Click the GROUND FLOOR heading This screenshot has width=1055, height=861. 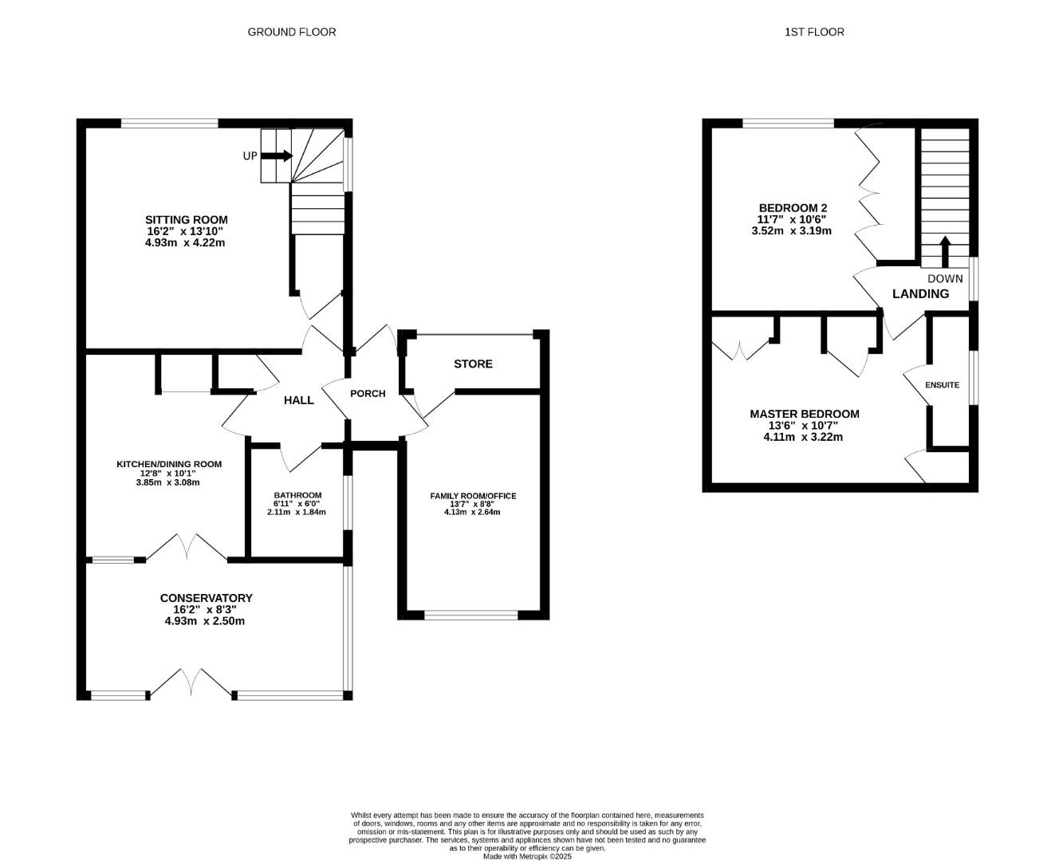292,32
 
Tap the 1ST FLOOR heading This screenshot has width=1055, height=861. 814,32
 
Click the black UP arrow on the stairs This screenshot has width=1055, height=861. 277,156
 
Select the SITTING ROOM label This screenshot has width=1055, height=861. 186,219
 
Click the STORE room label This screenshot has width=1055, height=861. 473,364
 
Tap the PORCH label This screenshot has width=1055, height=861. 368,394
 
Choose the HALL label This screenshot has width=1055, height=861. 299,400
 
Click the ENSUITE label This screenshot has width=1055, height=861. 942,385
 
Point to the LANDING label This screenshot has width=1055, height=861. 920,294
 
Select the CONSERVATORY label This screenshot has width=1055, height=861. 206,598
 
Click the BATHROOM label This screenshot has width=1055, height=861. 297,496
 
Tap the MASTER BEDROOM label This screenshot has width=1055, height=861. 805,414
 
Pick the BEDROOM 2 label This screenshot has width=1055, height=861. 793,208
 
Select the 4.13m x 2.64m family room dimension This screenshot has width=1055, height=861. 472,512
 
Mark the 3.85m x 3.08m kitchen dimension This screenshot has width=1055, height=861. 168,482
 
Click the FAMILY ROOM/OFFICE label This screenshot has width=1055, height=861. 473,496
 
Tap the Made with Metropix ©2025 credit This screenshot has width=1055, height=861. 527,856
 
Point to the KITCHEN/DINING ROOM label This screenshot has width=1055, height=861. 169,464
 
